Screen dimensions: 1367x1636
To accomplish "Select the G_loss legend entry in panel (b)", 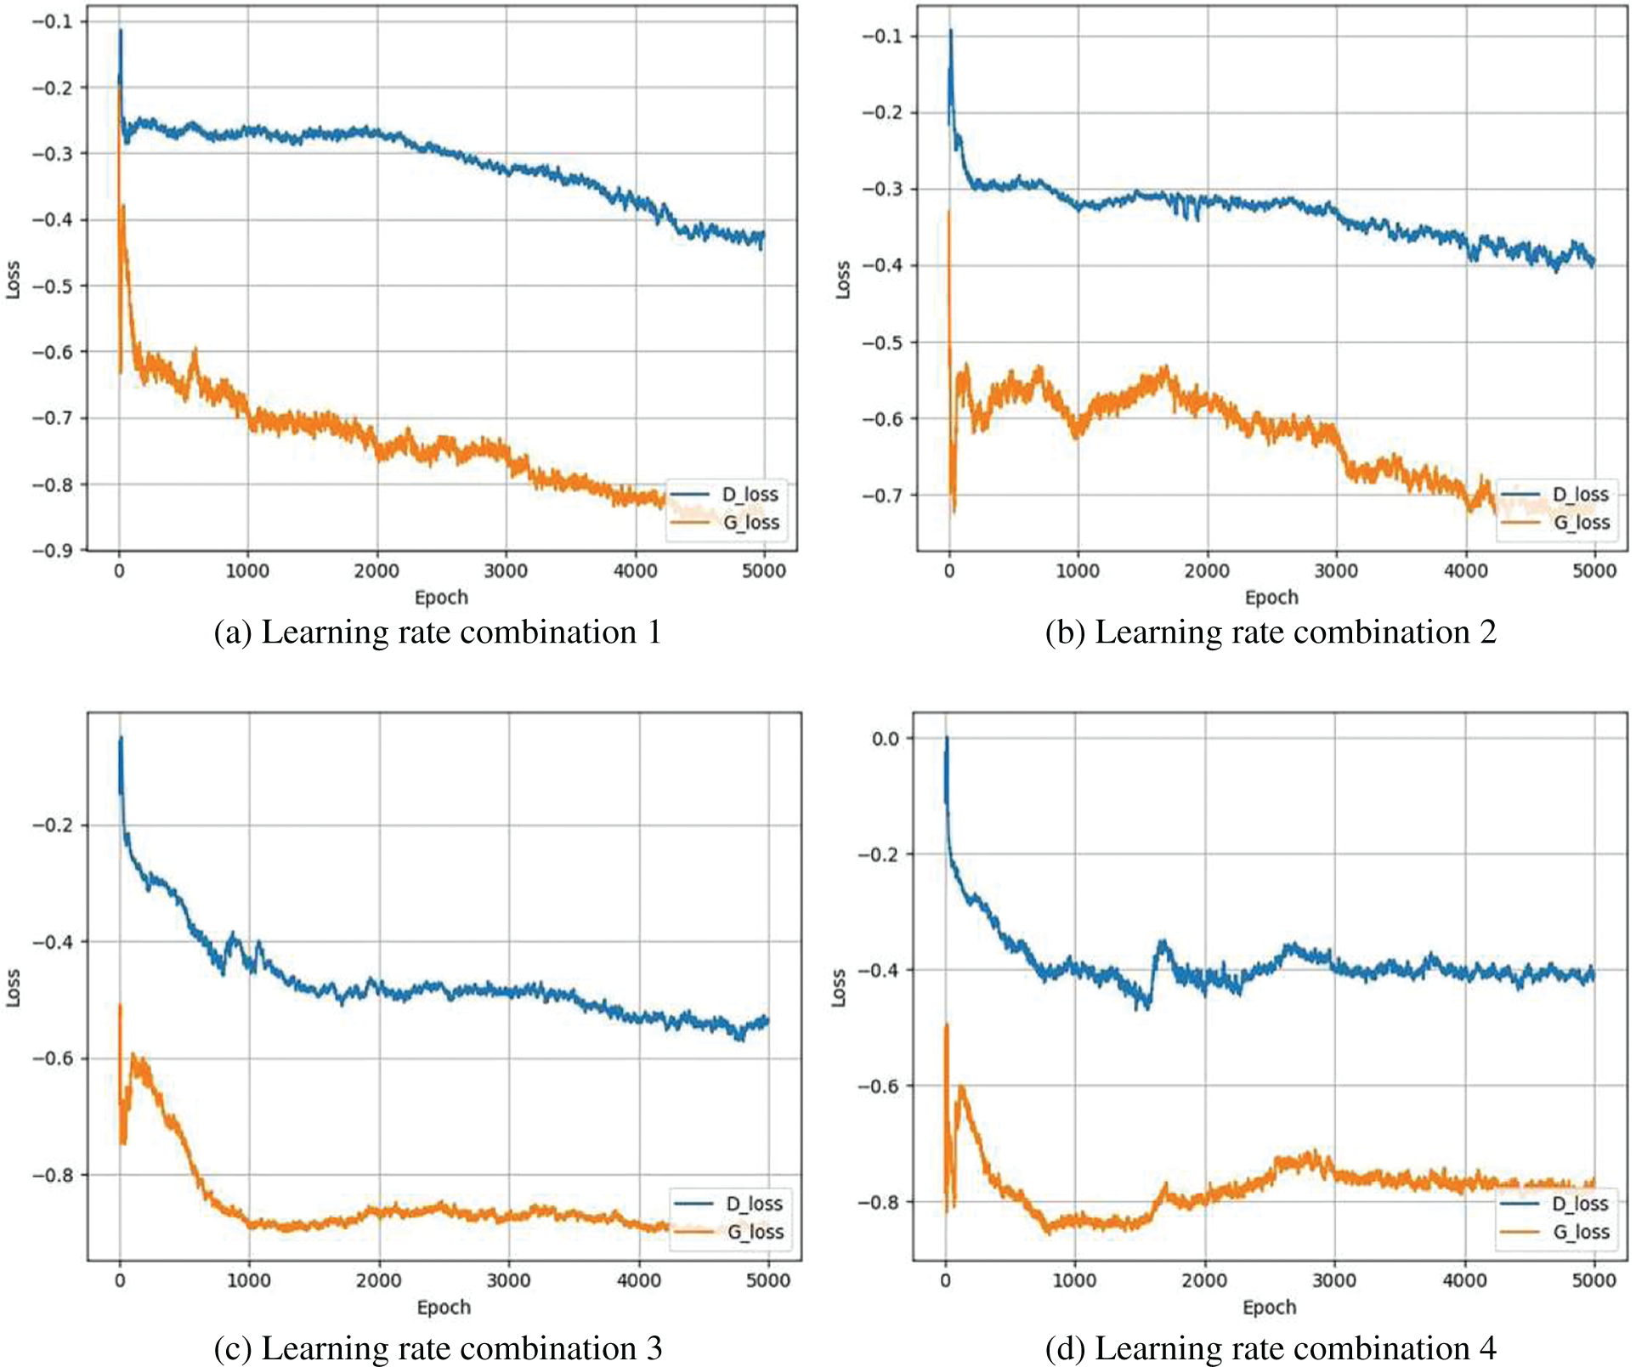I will coord(1582,522).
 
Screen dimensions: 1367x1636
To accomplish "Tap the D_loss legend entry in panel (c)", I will coord(754,1203).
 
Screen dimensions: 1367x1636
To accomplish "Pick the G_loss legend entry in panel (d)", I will coord(1581,1231).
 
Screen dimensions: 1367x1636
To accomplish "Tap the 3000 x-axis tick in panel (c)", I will coord(508,1280).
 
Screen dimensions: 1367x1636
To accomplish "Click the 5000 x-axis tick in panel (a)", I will coord(763,570).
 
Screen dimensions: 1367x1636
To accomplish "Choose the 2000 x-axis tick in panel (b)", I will coord(1207,570).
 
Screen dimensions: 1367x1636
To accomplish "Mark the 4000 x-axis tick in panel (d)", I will coord(1464,1280).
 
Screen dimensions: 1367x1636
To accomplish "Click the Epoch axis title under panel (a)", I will coord(441,597).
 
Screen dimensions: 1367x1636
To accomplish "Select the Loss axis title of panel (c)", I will coord(14,988).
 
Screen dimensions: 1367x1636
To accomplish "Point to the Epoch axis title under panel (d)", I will coord(1269,1307).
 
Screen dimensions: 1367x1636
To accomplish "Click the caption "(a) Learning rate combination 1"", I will coord(438,632).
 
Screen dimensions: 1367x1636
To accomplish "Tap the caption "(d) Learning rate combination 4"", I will coord(1270,1348).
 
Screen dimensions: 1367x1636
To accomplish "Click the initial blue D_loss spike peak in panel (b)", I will coord(951,31).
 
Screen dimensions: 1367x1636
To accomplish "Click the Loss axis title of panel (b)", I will coord(843,279).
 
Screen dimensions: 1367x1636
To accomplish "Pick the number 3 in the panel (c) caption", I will coord(653,1348).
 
